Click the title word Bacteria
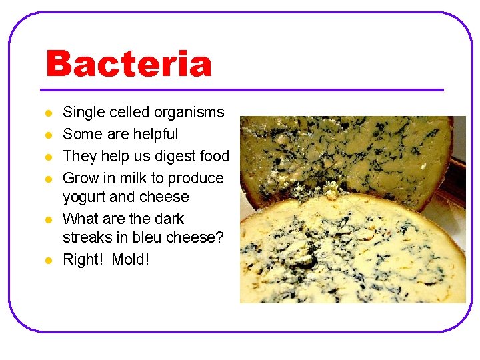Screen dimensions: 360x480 [x=129, y=65]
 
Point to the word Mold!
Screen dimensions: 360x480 [x=131, y=259]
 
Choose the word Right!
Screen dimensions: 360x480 [x=83, y=259]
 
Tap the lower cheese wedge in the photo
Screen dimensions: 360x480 [x=353, y=253]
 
